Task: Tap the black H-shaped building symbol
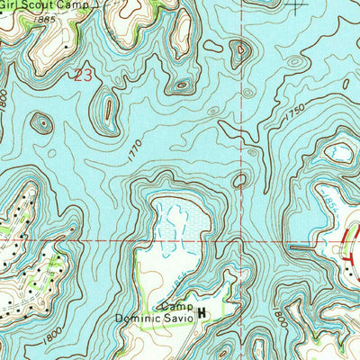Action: click(x=202, y=313)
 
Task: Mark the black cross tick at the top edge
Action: click(x=296, y=4)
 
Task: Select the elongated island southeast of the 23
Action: click(x=108, y=112)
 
